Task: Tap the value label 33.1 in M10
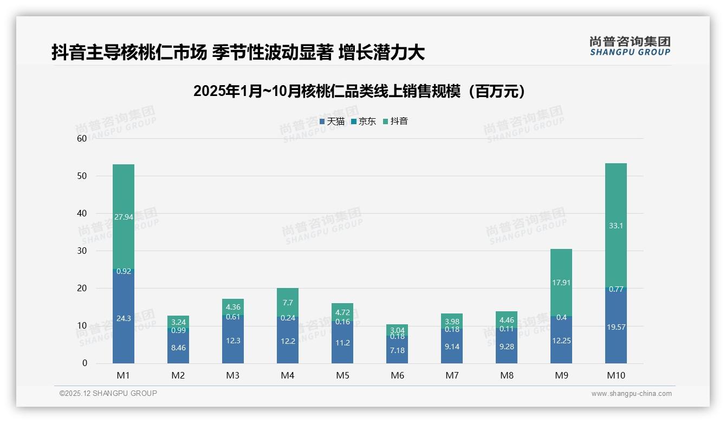pyautogui.click(x=616, y=226)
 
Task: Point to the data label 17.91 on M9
pyautogui.click(x=561, y=283)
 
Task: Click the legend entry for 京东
pyautogui.click(x=364, y=121)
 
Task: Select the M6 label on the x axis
pyautogui.click(x=397, y=375)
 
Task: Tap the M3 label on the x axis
pyautogui.click(x=233, y=375)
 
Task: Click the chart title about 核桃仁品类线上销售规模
pyautogui.click(x=359, y=91)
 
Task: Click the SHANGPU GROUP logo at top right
pyautogui.click(x=630, y=46)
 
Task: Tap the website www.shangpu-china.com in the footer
pyautogui.click(x=631, y=394)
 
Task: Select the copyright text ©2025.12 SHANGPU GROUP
pyautogui.click(x=108, y=394)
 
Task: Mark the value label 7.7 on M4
pyautogui.click(x=288, y=303)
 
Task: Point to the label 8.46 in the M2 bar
pyautogui.click(x=178, y=348)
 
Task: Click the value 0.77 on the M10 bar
pyautogui.click(x=616, y=289)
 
